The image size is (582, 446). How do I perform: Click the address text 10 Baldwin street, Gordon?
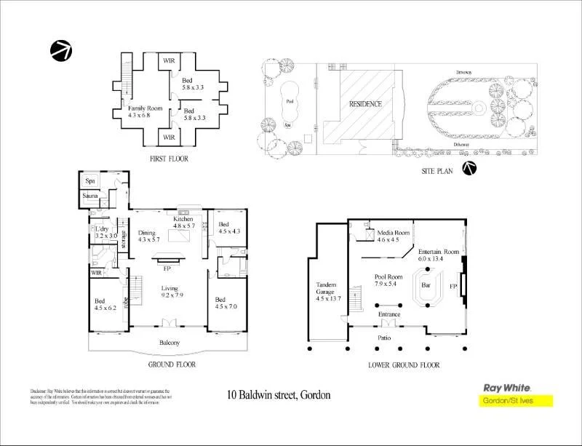(x=279, y=395)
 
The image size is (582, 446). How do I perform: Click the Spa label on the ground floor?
(x=90, y=180)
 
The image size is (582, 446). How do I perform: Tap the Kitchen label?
(x=183, y=219)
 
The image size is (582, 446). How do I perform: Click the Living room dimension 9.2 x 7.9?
(x=172, y=296)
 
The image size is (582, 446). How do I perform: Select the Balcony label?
(x=170, y=343)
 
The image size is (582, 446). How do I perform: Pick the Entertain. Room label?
(x=439, y=251)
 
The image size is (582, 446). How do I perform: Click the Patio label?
(x=386, y=339)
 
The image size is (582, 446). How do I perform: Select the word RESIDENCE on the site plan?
(x=365, y=104)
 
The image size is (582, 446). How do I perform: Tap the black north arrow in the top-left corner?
(x=60, y=50)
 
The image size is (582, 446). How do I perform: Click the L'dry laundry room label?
(x=101, y=228)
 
